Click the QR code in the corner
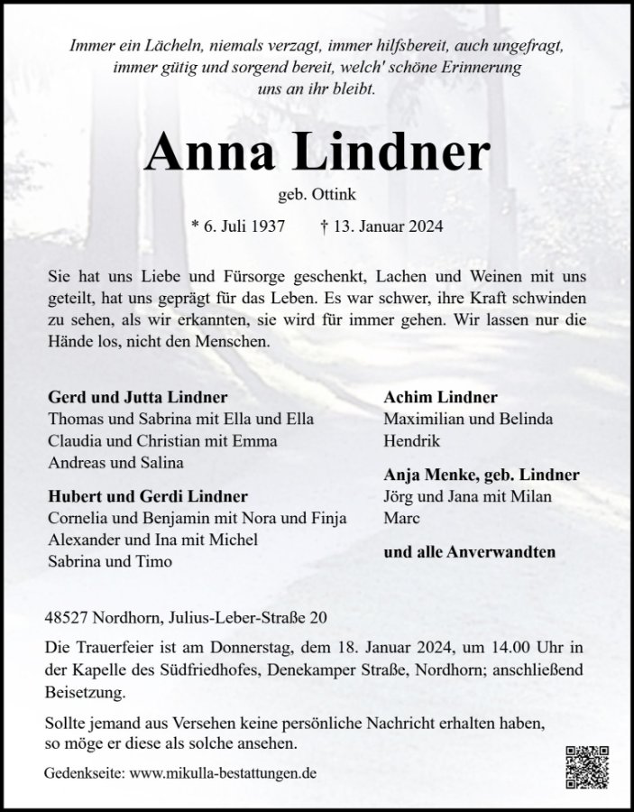(587, 768)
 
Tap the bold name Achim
(407, 397)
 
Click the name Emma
(257, 442)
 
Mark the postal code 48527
(67, 618)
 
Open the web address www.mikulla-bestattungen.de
(224, 774)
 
